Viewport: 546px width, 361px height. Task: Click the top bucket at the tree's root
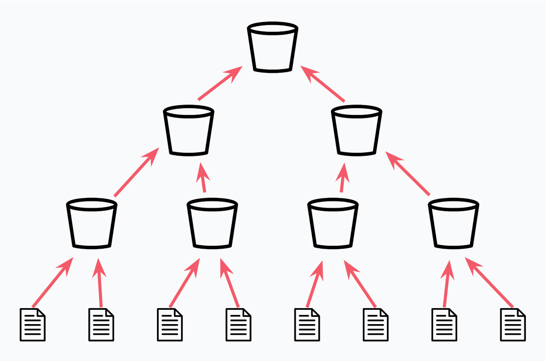pos(272,47)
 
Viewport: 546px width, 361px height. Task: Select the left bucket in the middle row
pos(188,130)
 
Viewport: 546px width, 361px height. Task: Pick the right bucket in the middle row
pos(357,130)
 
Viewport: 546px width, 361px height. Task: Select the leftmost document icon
pos(32,325)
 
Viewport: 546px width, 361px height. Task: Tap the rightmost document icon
pos(513,325)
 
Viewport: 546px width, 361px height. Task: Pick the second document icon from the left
pos(101,325)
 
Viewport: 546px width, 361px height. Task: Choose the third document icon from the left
pos(170,325)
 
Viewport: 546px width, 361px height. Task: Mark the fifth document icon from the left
pos(307,325)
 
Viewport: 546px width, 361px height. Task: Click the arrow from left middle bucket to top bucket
pos(220,83)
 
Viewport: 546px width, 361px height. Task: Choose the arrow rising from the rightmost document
pos(489,283)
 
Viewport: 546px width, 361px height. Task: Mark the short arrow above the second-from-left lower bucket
pos(203,177)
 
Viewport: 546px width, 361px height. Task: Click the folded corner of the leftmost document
pos(41,312)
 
